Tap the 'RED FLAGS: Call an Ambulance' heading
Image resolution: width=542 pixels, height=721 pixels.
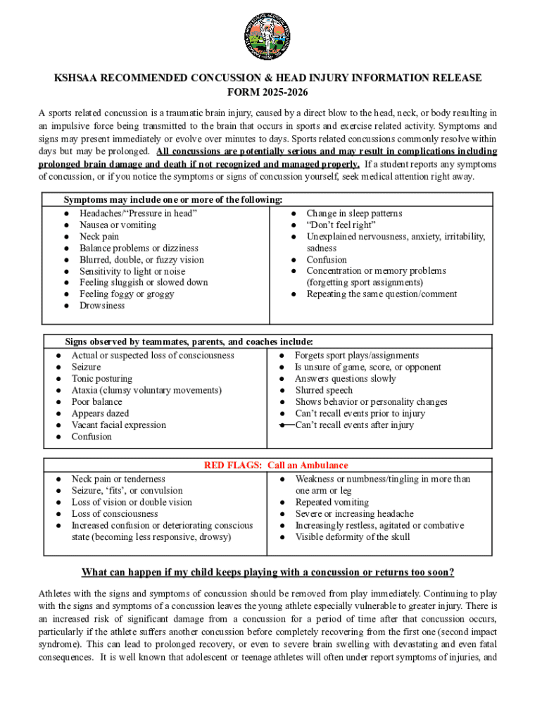tap(276, 465)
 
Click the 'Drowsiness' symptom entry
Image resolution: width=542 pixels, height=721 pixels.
tap(102, 306)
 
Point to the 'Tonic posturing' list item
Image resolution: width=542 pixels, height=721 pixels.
tap(101, 379)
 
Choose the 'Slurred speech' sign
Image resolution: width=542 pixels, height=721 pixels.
tap(324, 390)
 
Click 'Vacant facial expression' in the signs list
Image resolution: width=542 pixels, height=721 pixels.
tap(119, 425)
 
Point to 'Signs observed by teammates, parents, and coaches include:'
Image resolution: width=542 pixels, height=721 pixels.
tap(189, 342)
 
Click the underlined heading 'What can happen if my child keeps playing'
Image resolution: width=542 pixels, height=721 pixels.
tap(267, 572)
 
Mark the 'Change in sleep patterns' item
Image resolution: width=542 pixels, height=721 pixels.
tap(354, 213)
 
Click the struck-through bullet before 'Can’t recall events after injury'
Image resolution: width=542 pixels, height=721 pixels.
tap(286, 425)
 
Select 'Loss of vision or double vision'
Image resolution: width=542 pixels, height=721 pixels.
tap(132, 503)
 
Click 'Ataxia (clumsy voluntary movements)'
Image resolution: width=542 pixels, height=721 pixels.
tap(146, 390)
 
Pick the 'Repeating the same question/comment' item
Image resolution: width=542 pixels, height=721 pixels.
tap(382, 294)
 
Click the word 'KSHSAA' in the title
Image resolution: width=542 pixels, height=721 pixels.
tap(79, 78)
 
